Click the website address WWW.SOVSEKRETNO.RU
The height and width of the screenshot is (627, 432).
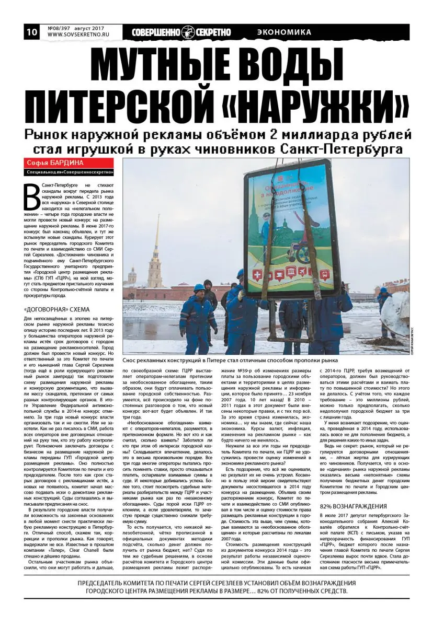pyautogui.click(x=79, y=36)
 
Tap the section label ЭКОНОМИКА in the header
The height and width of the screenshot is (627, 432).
pyautogui.click(x=284, y=32)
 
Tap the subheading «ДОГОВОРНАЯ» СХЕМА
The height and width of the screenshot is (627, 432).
pyautogui.click(x=57, y=309)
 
